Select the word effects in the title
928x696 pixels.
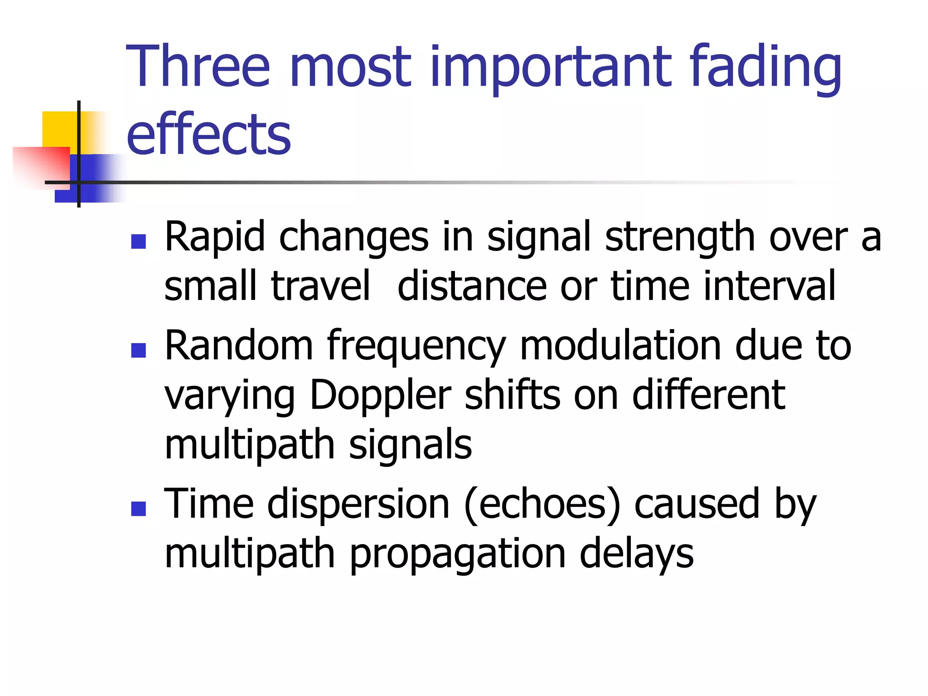208,134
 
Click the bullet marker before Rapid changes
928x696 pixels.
138,242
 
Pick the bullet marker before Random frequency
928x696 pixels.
138,350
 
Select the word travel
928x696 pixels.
320,286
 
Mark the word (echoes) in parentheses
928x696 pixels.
542,504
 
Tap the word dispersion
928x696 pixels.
358,504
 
